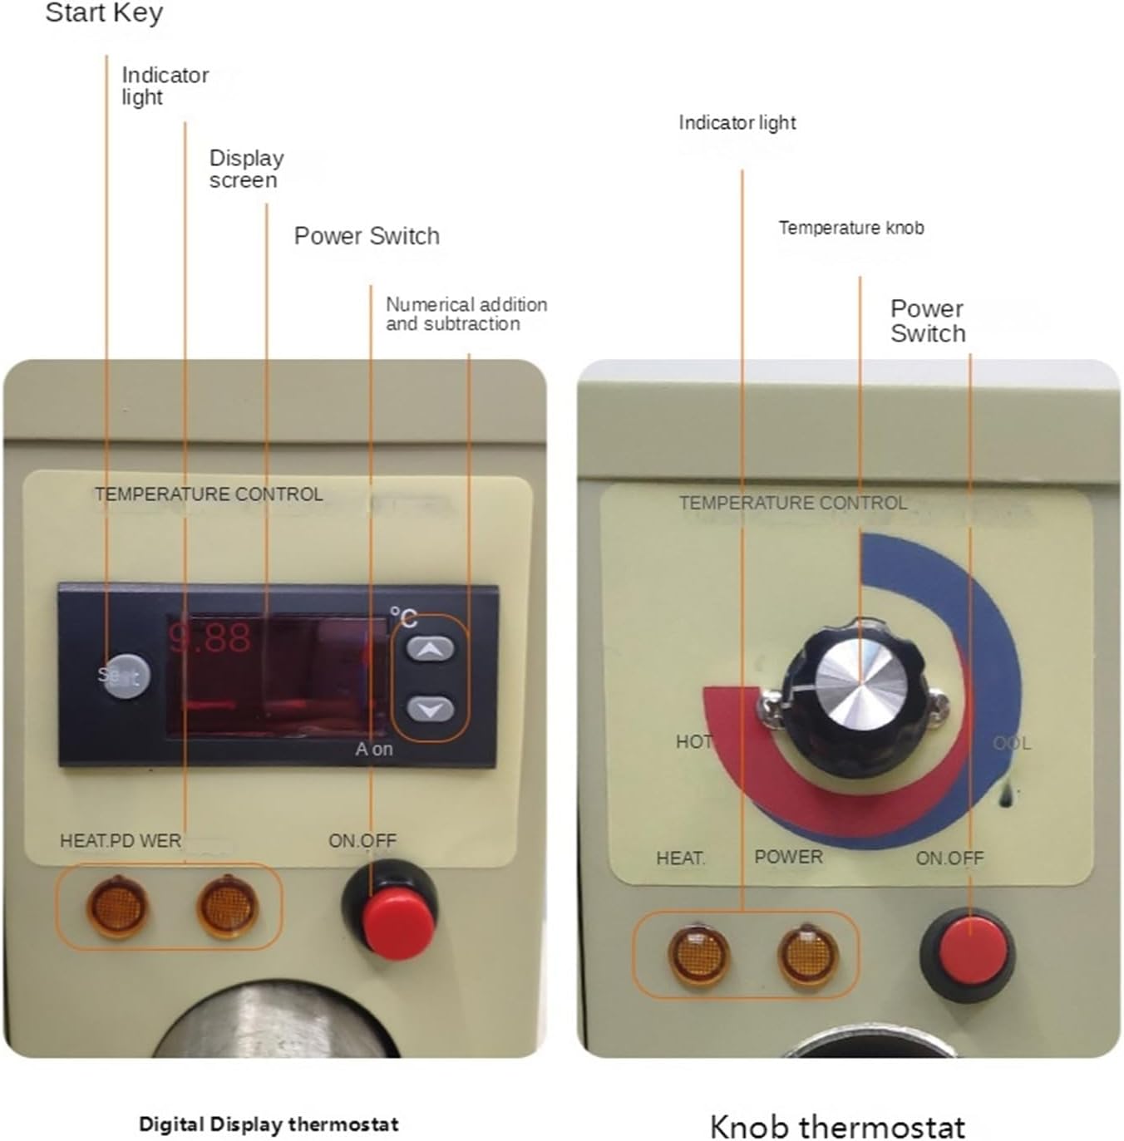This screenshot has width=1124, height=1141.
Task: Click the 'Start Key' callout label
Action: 104,13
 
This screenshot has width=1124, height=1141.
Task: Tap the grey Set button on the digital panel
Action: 125,674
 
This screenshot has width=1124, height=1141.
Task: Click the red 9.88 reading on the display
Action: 210,638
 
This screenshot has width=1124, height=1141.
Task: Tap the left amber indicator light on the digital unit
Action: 117,905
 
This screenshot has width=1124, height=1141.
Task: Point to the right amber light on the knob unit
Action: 807,955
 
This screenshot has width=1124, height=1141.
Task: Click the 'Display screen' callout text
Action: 246,169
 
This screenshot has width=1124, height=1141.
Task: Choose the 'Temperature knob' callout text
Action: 850,228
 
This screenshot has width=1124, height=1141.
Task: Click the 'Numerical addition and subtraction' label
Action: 466,314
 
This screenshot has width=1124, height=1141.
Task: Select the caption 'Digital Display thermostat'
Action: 269,1124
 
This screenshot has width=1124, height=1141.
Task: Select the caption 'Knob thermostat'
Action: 837,1127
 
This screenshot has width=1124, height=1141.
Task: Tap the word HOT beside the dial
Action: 693,741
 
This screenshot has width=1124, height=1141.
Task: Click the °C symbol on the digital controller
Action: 404,617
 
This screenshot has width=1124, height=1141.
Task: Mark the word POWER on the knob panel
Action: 788,857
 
